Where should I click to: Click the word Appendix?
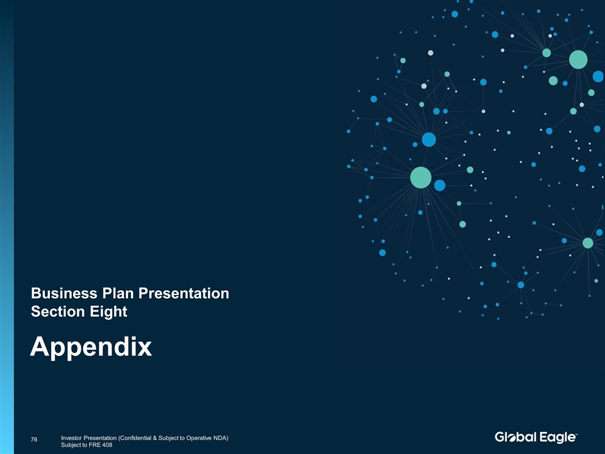(91, 347)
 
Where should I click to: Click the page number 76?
(34, 439)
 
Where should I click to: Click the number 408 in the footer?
(107, 445)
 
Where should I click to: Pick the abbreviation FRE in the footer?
(95, 445)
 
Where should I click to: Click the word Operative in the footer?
(199, 438)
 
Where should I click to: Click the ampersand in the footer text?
(155, 438)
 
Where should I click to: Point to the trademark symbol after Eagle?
(577, 434)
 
